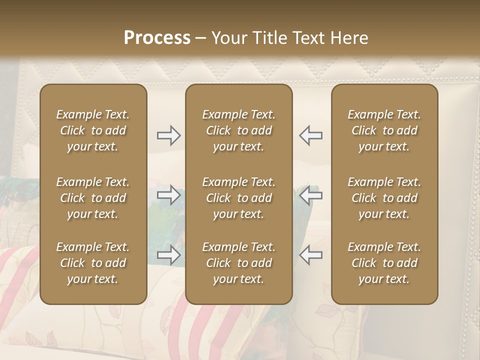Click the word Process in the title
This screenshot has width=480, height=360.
click(x=157, y=38)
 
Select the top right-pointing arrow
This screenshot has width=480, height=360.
click(x=169, y=135)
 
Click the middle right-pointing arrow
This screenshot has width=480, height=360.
click(x=169, y=195)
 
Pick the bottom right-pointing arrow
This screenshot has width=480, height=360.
click(x=169, y=255)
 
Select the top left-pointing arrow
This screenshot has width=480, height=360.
click(x=311, y=135)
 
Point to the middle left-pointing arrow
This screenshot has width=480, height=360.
click(x=311, y=195)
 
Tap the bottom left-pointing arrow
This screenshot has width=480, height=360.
click(x=311, y=255)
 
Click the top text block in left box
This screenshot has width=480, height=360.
click(x=93, y=130)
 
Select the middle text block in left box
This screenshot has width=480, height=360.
click(x=93, y=198)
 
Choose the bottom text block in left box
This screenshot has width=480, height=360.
click(x=93, y=263)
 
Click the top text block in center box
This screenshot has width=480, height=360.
click(x=239, y=130)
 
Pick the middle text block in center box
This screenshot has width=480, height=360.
click(x=239, y=198)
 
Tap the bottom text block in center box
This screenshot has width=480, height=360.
click(x=239, y=263)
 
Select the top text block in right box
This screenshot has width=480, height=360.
click(x=384, y=130)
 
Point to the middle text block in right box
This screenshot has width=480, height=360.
click(x=384, y=198)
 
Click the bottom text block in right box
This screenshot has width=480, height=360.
click(x=384, y=263)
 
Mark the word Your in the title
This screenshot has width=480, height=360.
click(x=228, y=38)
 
